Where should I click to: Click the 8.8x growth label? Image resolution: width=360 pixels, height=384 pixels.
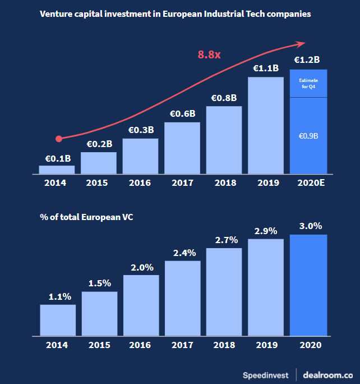click(209, 54)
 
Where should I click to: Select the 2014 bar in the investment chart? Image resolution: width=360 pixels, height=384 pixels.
click(57, 169)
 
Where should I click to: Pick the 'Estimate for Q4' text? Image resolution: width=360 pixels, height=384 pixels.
click(308, 84)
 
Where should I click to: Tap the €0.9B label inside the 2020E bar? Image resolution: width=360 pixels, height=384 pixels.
click(308, 136)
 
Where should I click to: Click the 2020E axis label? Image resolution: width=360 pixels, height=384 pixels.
click(308, 183)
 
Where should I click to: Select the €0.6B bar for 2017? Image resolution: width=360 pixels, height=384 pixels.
click(182, 148)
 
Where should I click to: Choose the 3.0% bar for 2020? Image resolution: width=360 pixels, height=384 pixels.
click(308, 285)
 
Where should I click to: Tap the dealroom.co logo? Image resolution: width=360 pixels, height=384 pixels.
click(328, 374)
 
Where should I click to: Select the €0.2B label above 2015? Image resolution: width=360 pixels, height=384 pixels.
click(99, 144)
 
